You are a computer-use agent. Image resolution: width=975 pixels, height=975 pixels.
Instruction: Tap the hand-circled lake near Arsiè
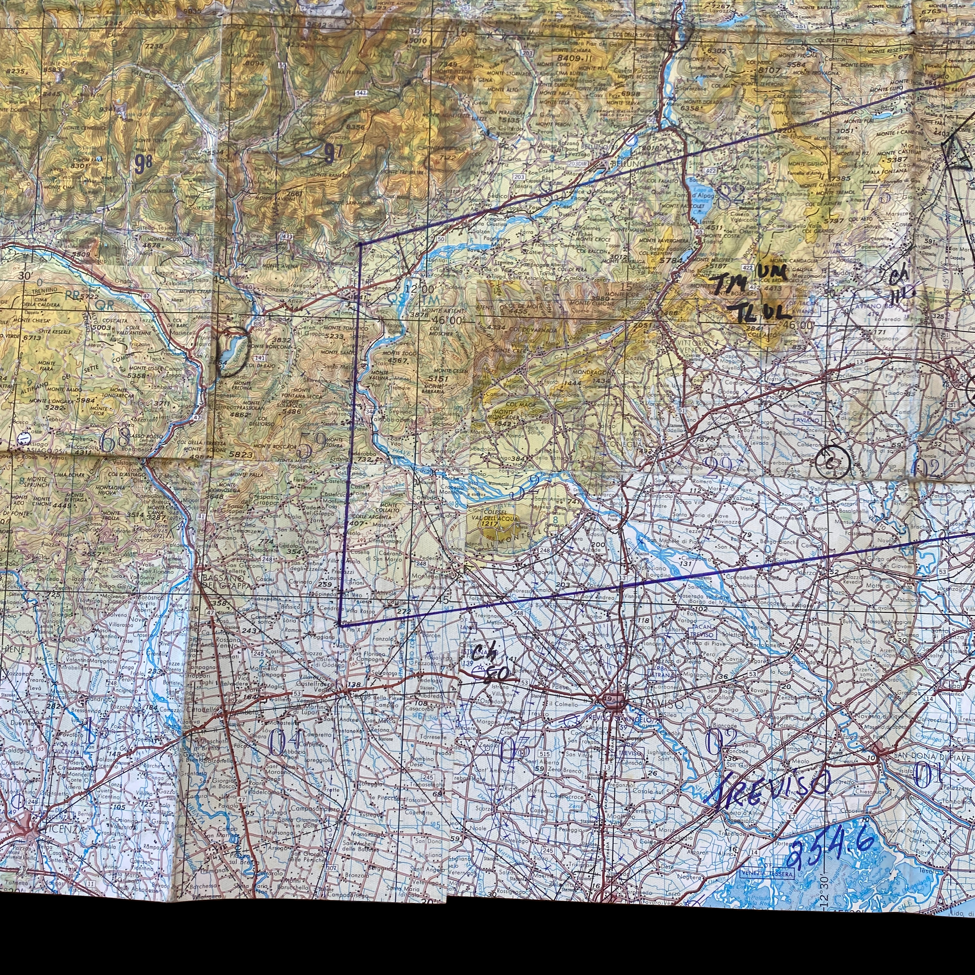click(x=233, y=351)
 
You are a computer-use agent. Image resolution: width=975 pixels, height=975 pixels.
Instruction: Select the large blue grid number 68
click(x=115, y=441)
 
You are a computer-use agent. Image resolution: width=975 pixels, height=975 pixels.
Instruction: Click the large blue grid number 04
click(x=285, y=745)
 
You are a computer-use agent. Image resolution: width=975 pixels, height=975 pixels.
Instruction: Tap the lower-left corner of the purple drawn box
click(x=340, y=625)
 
